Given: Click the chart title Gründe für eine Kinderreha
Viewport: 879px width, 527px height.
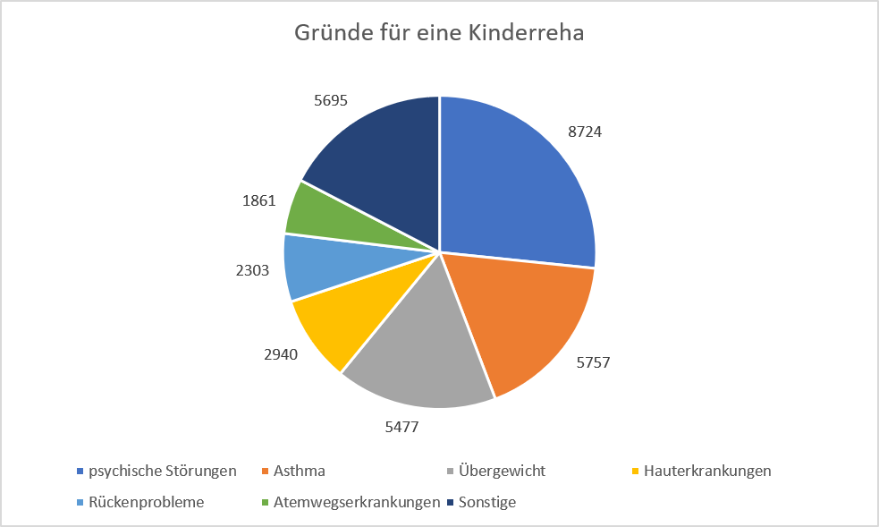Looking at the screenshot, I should click(x=439, y=34).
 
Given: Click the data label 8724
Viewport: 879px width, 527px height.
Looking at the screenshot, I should click(x=585, y=131).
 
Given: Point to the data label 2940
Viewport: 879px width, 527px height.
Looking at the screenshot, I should click(x=281, y=353).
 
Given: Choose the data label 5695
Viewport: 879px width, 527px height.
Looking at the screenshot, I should click(x=331, y=99).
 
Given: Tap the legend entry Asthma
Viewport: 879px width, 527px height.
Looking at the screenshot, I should click(x=300, y=471).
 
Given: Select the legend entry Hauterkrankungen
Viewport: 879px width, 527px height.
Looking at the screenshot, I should click(x=706, y=471).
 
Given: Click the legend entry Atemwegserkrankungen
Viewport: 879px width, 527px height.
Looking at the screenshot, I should click(x=357, y=502).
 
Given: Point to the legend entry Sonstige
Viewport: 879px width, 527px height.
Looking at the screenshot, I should click(x=486, y=502).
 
